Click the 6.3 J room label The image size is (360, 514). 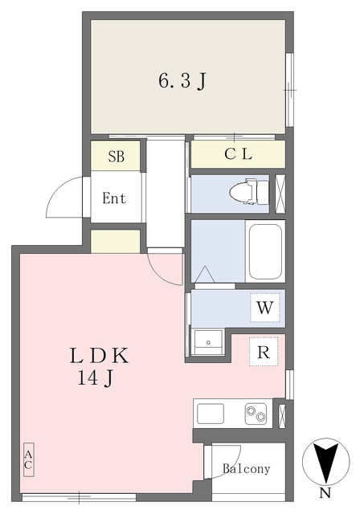click(183, 80)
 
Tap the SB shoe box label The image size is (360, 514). click(117, 157)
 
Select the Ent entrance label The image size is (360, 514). click(114, 198)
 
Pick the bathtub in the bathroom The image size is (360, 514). click(264, 251)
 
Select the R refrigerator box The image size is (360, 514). click(263, 351)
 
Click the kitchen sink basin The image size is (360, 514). click(211, 414)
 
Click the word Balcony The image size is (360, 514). click(247, 469)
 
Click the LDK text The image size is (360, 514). click(98, 354)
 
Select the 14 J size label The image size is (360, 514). click(95, 378)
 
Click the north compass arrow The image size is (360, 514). click(325, 462)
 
